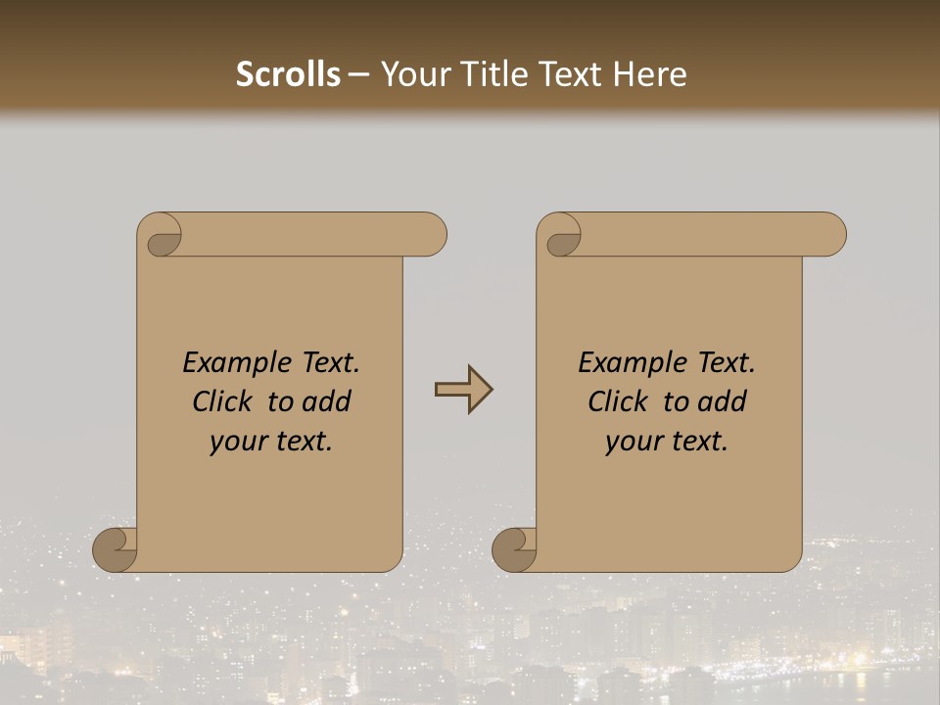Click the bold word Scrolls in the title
coord(289,74)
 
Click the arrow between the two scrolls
coord(463,390)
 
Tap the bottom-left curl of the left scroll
coord(116,549)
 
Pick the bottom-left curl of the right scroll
coord(515,549)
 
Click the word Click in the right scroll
coord(617,401)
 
